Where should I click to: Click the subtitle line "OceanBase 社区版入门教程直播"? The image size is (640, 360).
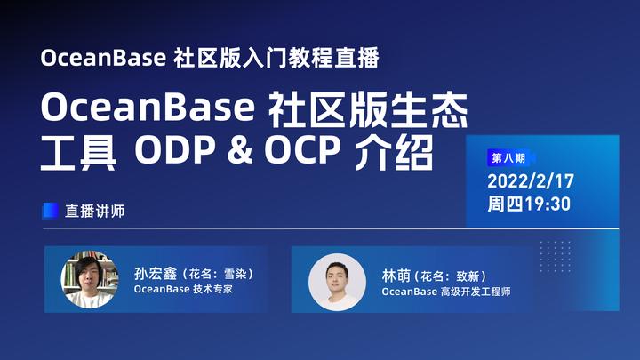210,60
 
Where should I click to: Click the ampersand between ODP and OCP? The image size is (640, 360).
236,155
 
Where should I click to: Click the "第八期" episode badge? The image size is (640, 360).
508,158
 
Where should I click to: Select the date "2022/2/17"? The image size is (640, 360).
531,181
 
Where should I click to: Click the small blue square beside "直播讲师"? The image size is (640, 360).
51,212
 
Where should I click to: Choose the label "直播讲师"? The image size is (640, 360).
94,212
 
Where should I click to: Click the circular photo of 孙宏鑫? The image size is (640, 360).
89,280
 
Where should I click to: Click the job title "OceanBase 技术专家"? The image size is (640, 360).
183,290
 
